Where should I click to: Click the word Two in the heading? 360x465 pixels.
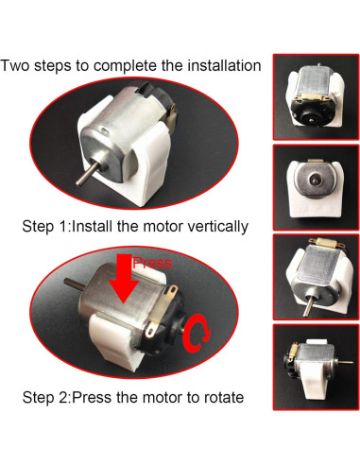16,66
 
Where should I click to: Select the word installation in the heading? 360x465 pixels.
219,66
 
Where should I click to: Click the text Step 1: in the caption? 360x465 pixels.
46,227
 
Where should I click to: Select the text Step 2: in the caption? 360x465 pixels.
46,398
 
